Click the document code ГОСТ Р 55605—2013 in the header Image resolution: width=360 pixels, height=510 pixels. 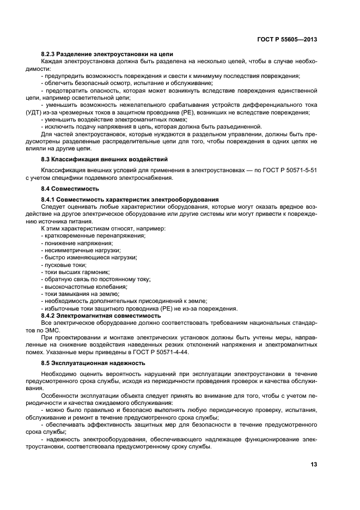coord(288,40)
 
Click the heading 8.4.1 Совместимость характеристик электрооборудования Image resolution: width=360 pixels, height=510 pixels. coord(130,200)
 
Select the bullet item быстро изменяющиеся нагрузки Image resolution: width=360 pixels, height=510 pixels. coord(89,257)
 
